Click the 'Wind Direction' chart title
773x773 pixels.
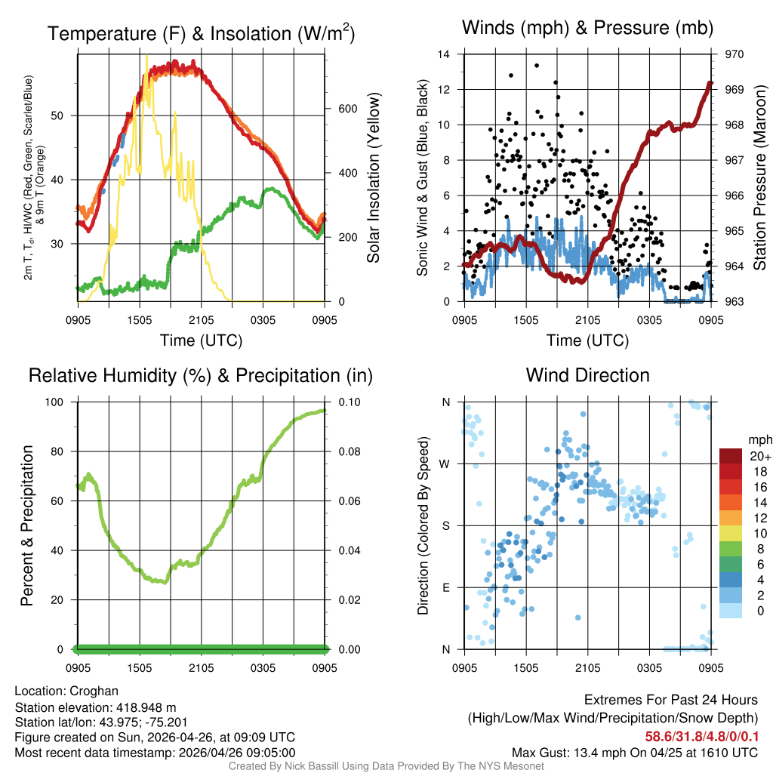point(587,375)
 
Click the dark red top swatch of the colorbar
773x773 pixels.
point(730,456)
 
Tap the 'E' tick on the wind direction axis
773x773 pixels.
point(446,587)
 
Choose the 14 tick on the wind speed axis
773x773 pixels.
point(444,54)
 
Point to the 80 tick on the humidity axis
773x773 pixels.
point(63,451)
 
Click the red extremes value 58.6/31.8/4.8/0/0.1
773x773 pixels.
point(701,736)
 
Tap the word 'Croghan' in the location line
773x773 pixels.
point(94,691)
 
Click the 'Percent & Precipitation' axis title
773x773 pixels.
point(26,525)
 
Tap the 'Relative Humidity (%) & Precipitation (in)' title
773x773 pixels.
point(200,375)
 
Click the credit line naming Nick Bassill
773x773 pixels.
point(386,766)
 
